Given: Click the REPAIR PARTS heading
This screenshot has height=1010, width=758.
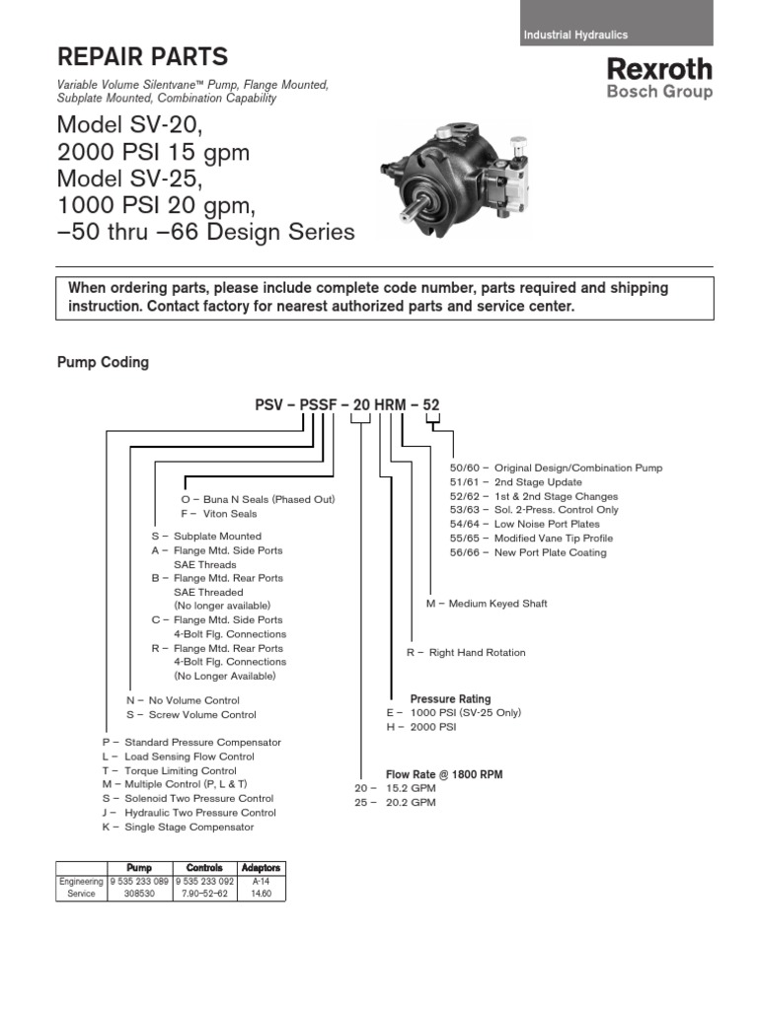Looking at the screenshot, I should click(143, 56).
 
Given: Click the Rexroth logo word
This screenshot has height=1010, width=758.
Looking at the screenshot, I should click(658, 69).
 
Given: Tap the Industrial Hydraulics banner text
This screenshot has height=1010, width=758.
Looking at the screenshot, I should click(576, 35).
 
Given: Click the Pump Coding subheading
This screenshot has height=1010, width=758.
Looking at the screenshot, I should click(104, 362).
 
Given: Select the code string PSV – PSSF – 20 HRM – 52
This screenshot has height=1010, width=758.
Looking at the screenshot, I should click(347, 405).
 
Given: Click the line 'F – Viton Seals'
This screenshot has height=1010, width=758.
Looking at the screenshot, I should click(219, 514).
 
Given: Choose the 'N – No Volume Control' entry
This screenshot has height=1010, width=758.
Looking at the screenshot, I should click(184, 700).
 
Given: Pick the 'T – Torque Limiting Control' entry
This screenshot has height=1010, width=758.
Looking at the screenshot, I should click(169, 770).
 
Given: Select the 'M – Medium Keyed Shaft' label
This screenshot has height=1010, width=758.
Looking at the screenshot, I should click(487, 604).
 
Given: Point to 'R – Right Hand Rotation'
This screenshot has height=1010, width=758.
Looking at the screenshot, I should click(466, 653).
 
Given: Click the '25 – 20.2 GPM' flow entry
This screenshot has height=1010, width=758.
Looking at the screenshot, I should click(395, 803).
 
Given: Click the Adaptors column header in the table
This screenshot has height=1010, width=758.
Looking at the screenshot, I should click(262, 868).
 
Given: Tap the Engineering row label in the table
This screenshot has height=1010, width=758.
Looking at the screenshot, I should click(81, 881).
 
